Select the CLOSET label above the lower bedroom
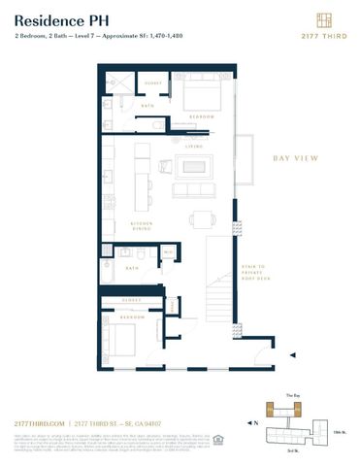[133, 301]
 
